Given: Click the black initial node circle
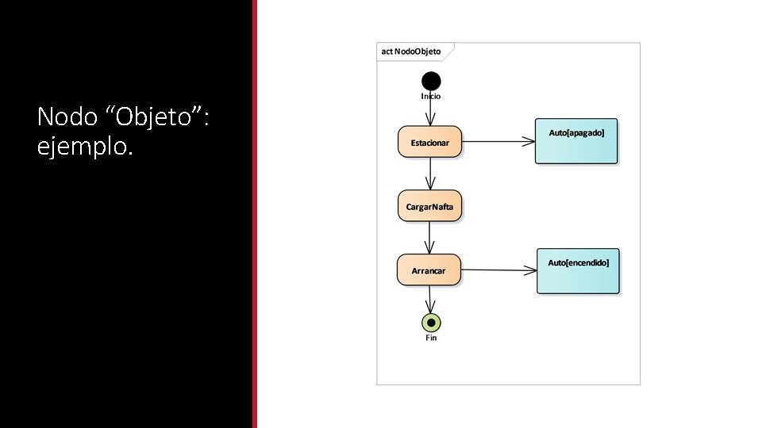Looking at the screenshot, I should pos(431,80).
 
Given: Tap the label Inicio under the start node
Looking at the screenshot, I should pos(431,96).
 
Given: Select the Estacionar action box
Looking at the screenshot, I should pos(429,142).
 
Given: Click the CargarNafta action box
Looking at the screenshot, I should pos(429,206).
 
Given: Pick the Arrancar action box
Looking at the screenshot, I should pos(429,270).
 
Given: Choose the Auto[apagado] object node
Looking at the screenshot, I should pos(576,141).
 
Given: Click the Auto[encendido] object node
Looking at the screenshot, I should pos(578,271).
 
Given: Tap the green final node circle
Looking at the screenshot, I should pos(431,323).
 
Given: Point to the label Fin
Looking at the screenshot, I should pos(431,338).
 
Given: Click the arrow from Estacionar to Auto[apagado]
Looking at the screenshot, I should pos(498,142).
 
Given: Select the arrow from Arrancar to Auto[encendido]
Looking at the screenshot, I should pos(498,270).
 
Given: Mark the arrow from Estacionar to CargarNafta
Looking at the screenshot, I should pos(430,174).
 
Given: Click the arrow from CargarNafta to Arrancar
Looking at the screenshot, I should pos(430,238).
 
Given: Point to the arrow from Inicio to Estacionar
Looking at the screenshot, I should pos(431,112).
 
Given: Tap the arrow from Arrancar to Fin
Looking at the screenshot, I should pos(430,300).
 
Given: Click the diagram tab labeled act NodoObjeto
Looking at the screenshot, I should pos(412,52).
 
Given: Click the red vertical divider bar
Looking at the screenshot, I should pos(255,214).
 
